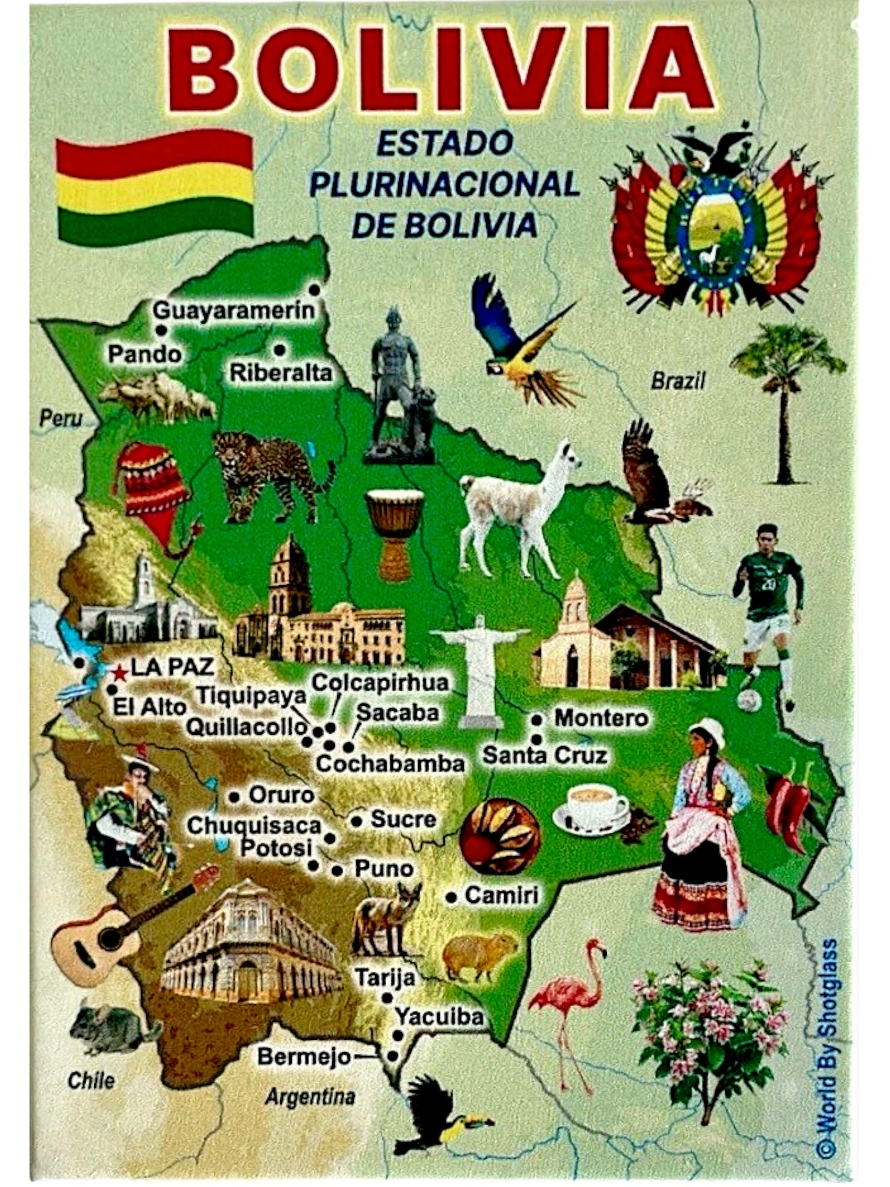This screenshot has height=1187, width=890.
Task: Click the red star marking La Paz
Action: click(x=120, y=673)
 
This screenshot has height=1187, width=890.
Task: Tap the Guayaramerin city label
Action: click(x=233, y=310)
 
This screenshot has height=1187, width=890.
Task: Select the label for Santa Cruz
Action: click(x=544, y=755)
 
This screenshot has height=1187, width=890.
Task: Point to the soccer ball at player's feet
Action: click(x=749, y=700)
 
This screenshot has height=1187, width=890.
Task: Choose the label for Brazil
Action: click(x=678, y=381)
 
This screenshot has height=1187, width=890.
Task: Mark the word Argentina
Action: click(x=310, y=1096)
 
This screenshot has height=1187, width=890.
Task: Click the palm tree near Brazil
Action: click(x=785, y=394)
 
